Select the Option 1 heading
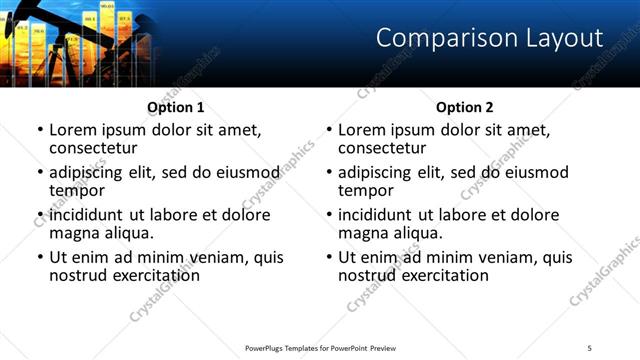point(176,107)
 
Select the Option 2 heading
point(465,107)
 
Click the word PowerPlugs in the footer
point(267,347)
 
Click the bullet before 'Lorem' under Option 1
point(40,130)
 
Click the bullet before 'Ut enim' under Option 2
point(329,257)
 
